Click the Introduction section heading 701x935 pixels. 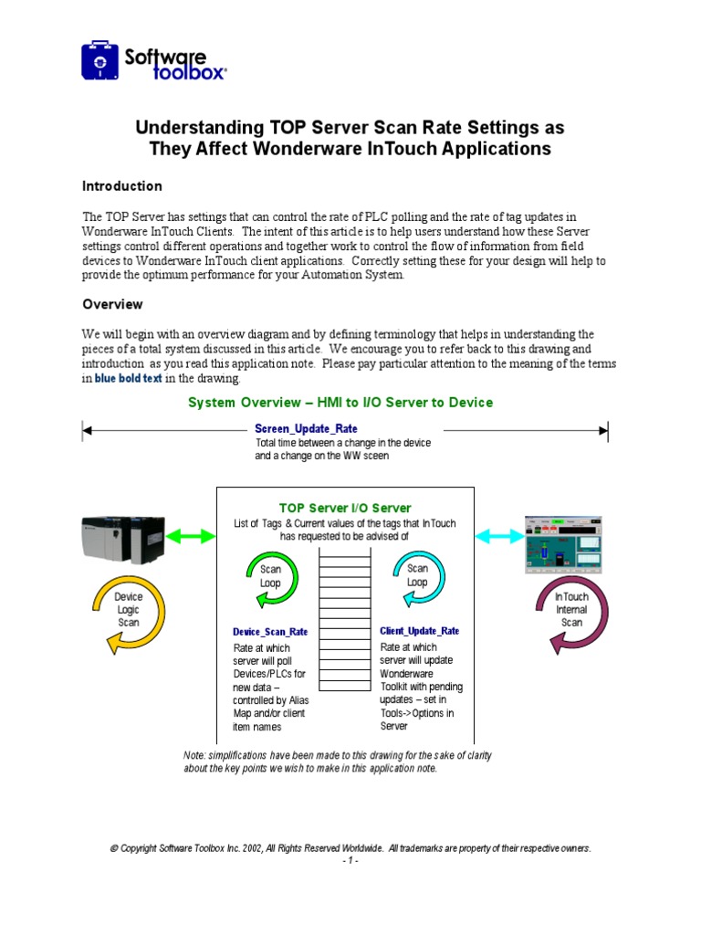coord(122,186)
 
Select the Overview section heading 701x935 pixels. coord(112,304)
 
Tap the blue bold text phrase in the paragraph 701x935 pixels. coord(129,379)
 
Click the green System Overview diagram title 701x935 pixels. coord(340,403)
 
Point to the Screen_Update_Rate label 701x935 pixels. coord(306,428)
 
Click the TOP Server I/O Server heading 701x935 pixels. coord(344,508)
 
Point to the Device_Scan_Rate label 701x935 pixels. coord(270,632)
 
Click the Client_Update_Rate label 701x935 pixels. coord(419,631)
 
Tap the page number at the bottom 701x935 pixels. coord(350,861)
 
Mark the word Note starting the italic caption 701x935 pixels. coord(196,755)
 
